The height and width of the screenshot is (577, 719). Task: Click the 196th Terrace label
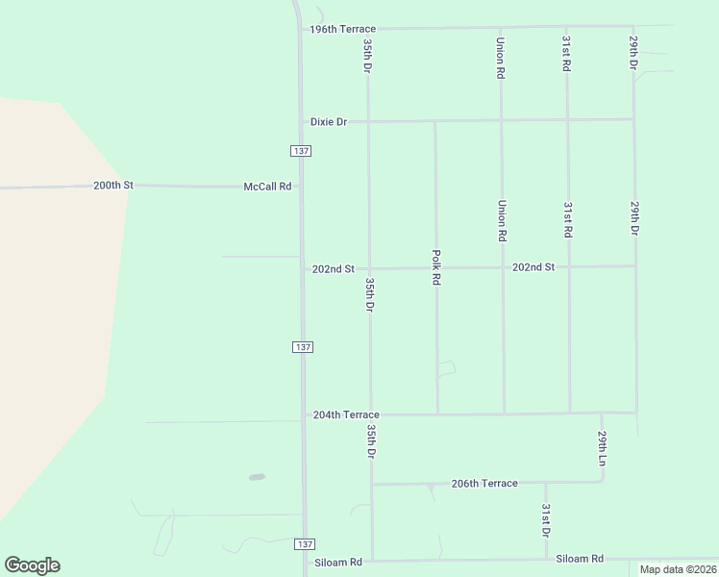(342, 30)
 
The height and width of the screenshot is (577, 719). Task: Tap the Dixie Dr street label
(328, 122)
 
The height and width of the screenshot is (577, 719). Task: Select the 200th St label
(112, 185)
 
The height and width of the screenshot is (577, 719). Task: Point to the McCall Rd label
(267, 187)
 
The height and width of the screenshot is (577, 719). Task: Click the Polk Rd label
(436, 267)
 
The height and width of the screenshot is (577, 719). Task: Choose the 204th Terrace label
(346, 414)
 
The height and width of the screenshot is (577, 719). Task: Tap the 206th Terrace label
(484, 484)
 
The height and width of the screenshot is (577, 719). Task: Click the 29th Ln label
(603, 448)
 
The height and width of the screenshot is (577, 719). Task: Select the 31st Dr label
(545, 520)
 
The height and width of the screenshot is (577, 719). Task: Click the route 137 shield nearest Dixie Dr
(301, 152)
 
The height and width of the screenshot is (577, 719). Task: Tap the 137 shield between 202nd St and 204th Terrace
(303, 347)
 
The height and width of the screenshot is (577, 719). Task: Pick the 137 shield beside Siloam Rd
(303, 544)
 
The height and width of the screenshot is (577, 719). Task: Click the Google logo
(32, 565)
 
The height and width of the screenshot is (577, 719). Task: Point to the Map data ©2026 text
(677, 569)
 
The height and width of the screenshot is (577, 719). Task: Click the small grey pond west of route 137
(256, 476)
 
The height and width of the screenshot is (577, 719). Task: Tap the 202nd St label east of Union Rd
(533, 266)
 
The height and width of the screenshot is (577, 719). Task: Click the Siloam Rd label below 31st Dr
(579, 559)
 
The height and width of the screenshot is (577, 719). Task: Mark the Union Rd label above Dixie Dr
(501, 51)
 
